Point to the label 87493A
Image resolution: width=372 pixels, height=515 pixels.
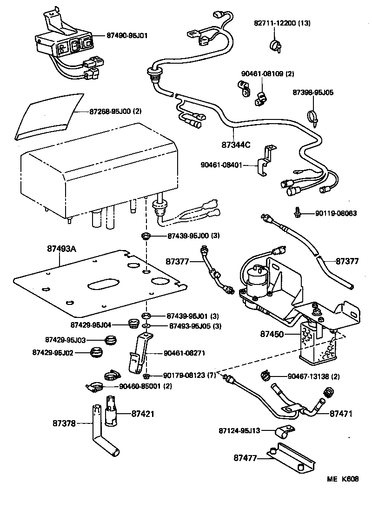[x=61, y=249]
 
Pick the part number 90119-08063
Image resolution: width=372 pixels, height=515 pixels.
[x=336, y=213]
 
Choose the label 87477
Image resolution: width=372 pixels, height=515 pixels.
[x=245, y=457]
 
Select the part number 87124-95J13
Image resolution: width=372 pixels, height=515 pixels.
[x=240, y=431]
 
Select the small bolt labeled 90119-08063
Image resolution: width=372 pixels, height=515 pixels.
[x=296, y=212]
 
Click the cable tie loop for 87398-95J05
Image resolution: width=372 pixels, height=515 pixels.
[x=312, y=116]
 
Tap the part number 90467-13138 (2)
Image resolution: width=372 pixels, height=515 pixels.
[x=314, y=376]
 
